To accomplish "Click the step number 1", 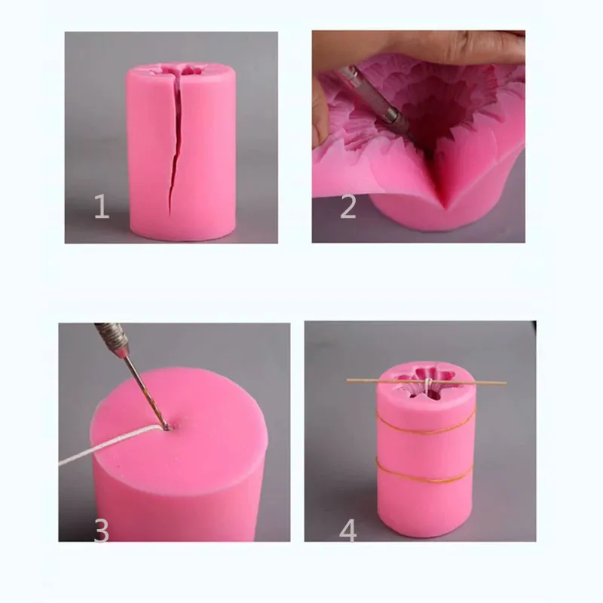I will pyautogui.click(x=101, y=206).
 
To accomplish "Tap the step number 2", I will pyautogui.click(x=347, y=206).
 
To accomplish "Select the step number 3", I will pyautogui.click(x=101, y=531).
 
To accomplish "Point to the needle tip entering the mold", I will pyautogui.click(x=164, y=427).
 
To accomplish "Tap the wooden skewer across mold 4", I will pyautogui.click(x=392, y=381).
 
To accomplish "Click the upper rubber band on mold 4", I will pyautogui.click(x=427, y=430).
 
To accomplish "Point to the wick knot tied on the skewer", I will pyautogui.click(x=427, y=384).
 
